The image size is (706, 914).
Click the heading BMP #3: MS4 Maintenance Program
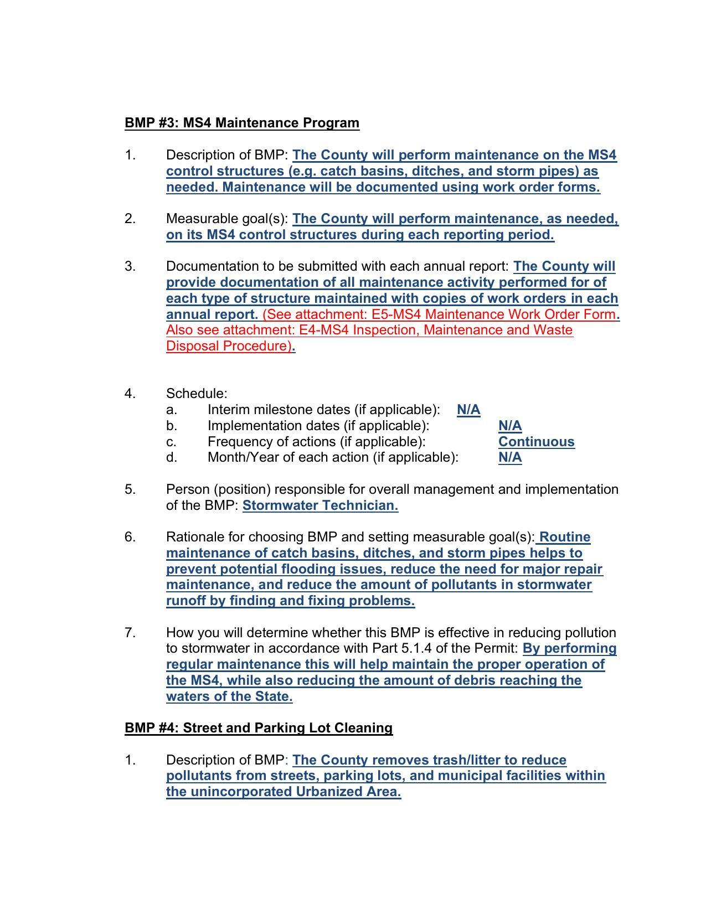pyautogui.click(x=242, y=123)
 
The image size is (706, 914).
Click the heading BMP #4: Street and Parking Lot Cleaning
pyautogui.click(x=259, y=728)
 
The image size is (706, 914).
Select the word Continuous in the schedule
pyautogui.click(x=536, y=442)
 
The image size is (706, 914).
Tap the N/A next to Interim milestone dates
pyautogui.click(x=468, y=410)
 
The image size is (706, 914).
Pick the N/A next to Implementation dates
pyautogui.click(x=510, y=426)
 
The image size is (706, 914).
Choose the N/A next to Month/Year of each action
pyautogui.click(x=510, y=457)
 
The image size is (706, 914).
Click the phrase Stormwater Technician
pyautogui.click(x=320, y=505)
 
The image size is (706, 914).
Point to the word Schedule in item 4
pyautogui.click(x=196, y=394)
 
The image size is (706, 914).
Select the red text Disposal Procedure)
pyautogui.click(x=229, y=346)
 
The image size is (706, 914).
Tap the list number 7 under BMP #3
pyautogui.click(x=130, y=633)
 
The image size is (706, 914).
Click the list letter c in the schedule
pyautogui.click(x=171, y=442)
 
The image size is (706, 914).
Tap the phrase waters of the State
pyautogui.click(x=229, y=696)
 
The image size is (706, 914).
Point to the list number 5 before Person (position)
pyautogui.click(x=130, y=489)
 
